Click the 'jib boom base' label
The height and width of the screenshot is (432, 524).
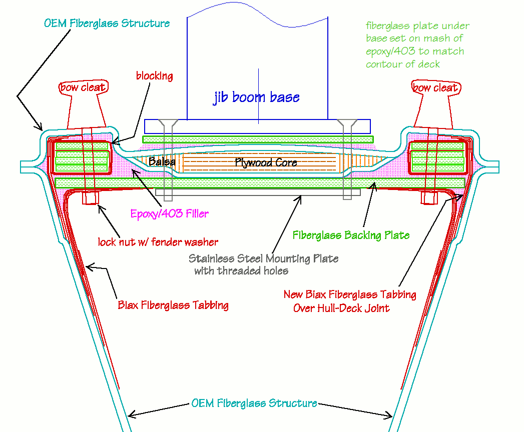tap(256, 97)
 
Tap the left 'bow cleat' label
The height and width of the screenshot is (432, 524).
tap(83, 87)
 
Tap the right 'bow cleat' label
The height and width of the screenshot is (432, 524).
tap(434, 87)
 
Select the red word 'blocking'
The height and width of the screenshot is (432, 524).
tap(154, 76)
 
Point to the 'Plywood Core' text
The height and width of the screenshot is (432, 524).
tap(266, 162)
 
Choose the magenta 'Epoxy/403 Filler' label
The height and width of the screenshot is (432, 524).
tap(169, 214)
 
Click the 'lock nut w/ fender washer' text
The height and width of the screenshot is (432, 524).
tap(159, 242)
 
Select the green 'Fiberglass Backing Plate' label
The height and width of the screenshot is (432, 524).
tap(351, 234)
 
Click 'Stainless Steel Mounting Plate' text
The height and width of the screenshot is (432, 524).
tap(263, 258)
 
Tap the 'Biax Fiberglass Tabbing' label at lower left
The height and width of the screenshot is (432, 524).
tap(173, 305)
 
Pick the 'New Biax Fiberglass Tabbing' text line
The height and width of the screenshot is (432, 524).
tap(350, 294)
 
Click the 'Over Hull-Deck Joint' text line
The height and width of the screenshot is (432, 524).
tap(341, 307)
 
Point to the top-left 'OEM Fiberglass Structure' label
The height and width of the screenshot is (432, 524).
tap(107, 23)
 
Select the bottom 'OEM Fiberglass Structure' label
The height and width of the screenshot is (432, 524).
tap(254, 403)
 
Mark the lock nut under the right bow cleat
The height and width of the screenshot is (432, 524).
tap(429, 198)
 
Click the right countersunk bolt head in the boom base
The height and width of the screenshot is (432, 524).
tap(346, 123)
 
